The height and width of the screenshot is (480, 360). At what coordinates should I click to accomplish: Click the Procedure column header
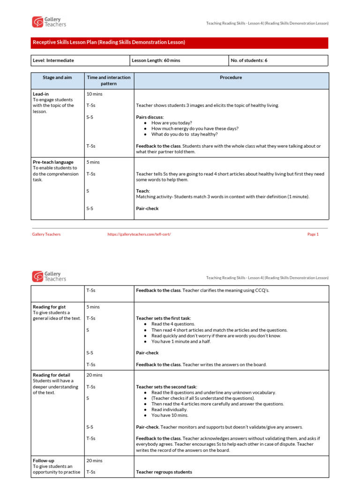pos(231,77)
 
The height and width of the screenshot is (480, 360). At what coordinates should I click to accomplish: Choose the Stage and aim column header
pos(57,77)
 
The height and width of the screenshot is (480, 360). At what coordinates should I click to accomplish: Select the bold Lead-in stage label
pos(41,94)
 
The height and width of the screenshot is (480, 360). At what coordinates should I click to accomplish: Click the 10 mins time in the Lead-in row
pos(94,94)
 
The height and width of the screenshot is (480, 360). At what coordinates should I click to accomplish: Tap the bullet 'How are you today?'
pos(172,123)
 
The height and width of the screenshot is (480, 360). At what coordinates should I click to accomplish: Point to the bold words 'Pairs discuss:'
pos(150,117)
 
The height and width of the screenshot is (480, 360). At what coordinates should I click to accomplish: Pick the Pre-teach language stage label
pos(53,162)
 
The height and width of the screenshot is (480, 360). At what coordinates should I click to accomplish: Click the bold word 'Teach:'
pos(143,191)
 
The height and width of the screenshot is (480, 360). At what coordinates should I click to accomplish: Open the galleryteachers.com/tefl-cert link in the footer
pos(139,234)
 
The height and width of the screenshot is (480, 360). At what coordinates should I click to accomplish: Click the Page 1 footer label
pos(313,234)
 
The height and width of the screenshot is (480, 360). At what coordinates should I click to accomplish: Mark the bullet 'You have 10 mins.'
pos(170,415)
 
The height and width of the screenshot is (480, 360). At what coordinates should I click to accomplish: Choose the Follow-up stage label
pos(43,461)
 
